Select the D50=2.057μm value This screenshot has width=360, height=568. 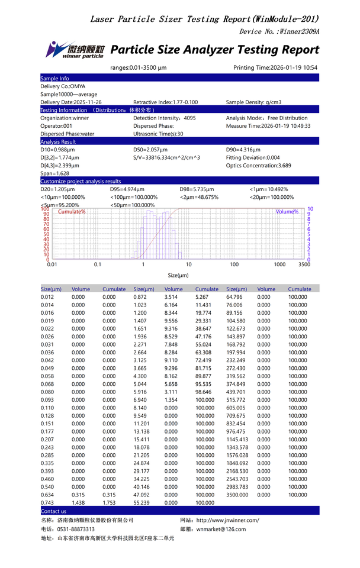[150, 150]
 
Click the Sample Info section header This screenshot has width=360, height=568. [54, 78]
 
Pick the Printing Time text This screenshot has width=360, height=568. [275, 67]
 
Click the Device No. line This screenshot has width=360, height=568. [279, 31]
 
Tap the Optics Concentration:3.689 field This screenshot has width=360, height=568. [259, 166]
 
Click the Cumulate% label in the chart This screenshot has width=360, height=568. [72, 211]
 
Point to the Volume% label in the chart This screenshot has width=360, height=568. [287, 211]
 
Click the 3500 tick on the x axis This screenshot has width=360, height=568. [304, 264]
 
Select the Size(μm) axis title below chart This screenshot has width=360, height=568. [178, 275]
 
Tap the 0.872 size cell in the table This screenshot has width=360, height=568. [140, 297]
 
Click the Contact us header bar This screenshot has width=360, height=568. [54, 511]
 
